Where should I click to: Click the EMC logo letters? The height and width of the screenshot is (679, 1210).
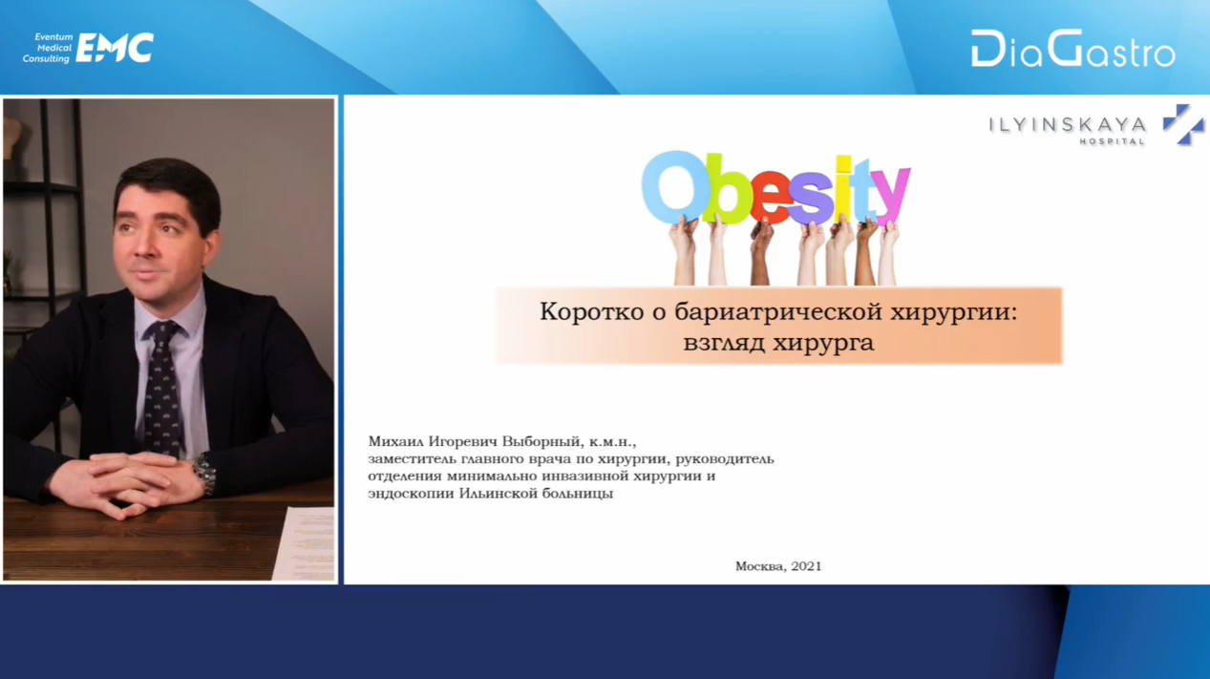pyautogui.click(x=115, y=48)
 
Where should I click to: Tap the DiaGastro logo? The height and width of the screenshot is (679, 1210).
pyautogui.click(x=1072, y=49)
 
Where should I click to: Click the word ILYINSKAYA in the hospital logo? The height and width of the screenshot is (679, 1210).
pyautogui.click(x=1068, y=125)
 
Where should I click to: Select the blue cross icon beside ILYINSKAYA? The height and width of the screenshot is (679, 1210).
pyautogui.click(x=1183, y=125)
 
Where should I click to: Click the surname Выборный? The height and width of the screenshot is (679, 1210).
pyautogui.click(x=541, y=441)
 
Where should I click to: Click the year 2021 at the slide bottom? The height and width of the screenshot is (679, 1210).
pyautogui.click(x=806, y=566)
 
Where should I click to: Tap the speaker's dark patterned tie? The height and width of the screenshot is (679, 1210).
pyautogui.click(x=162, y=388)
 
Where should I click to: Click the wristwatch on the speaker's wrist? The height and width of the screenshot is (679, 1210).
pyautogui.click(x=204, y=473)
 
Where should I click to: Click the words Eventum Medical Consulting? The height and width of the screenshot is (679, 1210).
pyautogui.click(x=48, y=48)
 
